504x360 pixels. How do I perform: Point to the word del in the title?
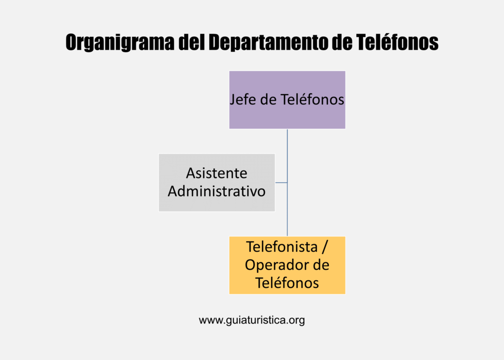pos(191,42)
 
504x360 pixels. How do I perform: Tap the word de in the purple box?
pos(268,99)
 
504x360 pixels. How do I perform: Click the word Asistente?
pos(217,173)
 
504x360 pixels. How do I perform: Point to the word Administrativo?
pos(217,191)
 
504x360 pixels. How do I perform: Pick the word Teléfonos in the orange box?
pos(287,283)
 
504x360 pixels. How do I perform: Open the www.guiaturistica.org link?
pos(252,320)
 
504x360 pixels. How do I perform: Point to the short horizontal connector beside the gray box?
pos(281,183)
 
